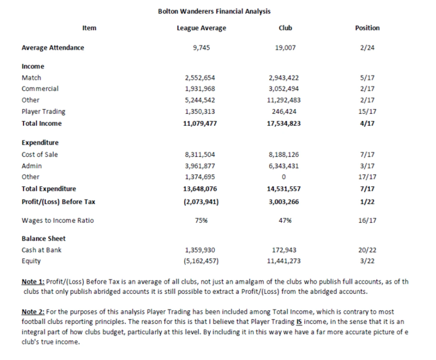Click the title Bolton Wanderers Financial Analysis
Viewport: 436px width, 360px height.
point(214,11)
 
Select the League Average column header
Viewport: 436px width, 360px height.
point(201,28)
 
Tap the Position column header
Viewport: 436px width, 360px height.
point(367,28)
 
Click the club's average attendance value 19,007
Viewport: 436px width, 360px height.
point(285,48)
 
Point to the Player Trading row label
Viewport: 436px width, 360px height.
point(43,111)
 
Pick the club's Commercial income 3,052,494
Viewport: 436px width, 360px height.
point(283,89)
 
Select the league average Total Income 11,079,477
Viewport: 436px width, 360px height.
point(200,123)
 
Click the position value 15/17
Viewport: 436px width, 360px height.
point(367,111)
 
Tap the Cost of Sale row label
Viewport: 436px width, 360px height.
point(40,154)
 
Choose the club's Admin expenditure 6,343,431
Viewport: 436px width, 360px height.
point(283,166)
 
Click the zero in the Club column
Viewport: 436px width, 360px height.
point(283,177)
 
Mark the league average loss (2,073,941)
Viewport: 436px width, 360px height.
point(201,202)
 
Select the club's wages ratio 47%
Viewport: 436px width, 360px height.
point(285,220)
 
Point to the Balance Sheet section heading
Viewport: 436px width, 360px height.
point(43,238)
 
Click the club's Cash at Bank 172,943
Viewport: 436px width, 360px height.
point(284,250)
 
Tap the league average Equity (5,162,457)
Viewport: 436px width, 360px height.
point(201,261)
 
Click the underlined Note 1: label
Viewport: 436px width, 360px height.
point(33,282)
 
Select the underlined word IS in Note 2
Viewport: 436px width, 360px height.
point(299,322)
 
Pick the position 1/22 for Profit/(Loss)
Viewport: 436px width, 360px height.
point(367,202)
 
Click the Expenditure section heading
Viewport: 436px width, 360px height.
point(40,143)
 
